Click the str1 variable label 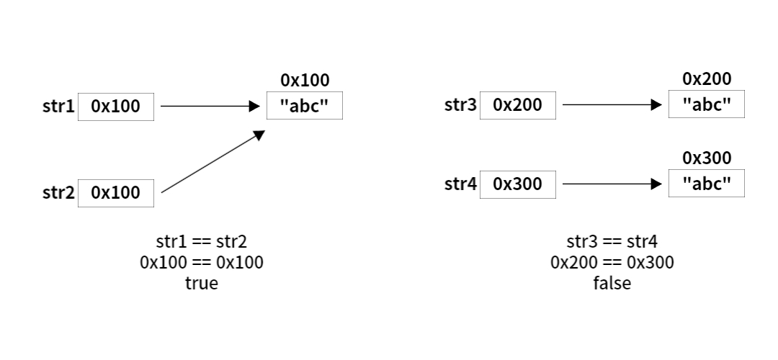(58, 106)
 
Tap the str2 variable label (58, 192)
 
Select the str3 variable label (460, 104)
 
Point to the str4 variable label (460, 184)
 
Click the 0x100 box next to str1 (115, 107)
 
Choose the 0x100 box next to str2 (115, 193)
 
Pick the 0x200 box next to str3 (517, 105)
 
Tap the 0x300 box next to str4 (517, 184)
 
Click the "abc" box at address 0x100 (305, 106)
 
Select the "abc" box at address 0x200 (707, 104)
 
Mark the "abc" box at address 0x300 (707, 184)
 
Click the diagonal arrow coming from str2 (213, 161)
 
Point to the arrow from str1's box (210, 106)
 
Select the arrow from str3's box (612, 104)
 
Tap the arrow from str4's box (612, 184)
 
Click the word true (202, 283)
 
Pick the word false (612, 283)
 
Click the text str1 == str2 (202, 241)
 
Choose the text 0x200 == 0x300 (612, 262)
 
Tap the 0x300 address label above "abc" (707, 158)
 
